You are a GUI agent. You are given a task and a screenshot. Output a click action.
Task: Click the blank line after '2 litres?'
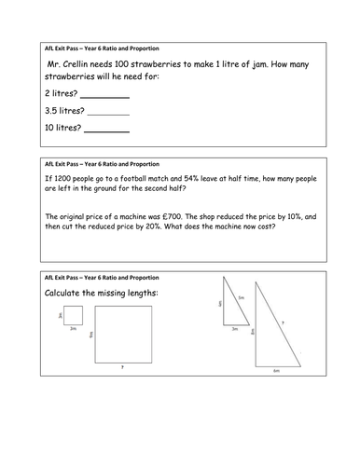[x=105, y=96]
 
